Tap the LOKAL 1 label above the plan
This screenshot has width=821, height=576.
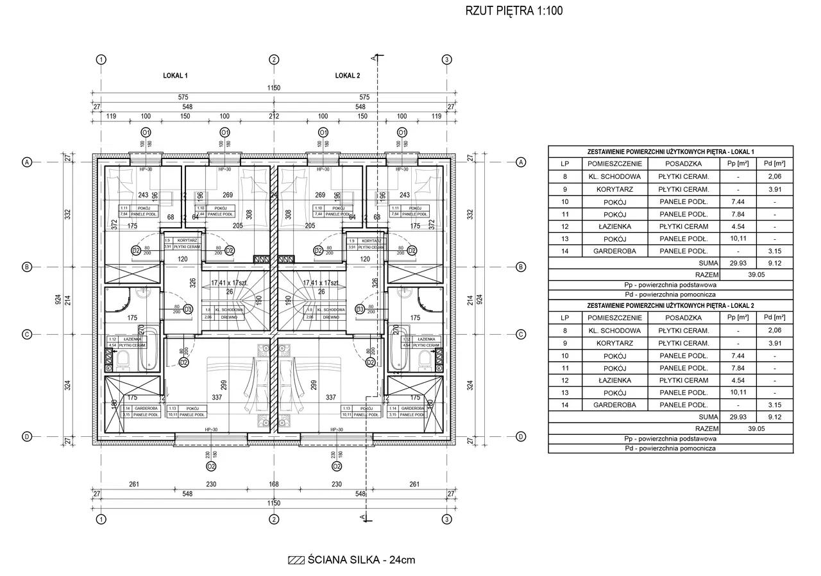click(x=175, y=76)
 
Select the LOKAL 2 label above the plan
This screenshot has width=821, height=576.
click(x=348, y=76)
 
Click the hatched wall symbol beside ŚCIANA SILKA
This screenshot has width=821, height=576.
click(x=296, y=560)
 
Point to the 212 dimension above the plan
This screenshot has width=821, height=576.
click(x=274, y=117)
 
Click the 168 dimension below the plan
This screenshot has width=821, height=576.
click(x=274, y=484)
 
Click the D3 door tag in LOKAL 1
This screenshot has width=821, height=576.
click(x=188, y=309)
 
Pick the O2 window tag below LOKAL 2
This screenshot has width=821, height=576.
click(x=334, y=466)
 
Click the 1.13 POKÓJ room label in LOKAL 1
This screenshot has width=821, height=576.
click(x=182, y=411)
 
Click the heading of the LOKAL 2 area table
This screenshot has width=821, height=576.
click(x=670, y=305)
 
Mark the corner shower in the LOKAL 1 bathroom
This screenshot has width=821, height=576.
click(x=122, y=303)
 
